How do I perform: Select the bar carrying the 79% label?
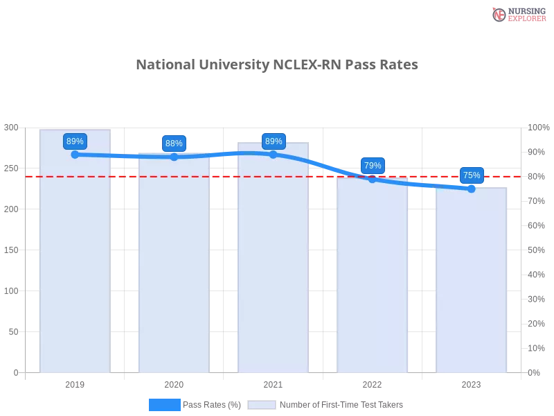371,277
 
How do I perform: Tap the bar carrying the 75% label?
471,281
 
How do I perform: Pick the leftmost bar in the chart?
75,257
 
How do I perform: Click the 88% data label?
174,144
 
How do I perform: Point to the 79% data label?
373,166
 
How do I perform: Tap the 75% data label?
472,175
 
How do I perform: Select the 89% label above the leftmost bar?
75,141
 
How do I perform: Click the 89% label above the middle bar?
274,141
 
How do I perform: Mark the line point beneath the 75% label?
472,189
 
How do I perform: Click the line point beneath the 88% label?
174,157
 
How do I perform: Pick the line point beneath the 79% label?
373,179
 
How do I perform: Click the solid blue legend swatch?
164,404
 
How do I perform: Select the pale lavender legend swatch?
262,404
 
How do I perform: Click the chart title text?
277,65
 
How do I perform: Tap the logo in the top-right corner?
517,14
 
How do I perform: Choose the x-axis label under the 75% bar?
471,383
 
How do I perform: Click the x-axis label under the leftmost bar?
75,383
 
